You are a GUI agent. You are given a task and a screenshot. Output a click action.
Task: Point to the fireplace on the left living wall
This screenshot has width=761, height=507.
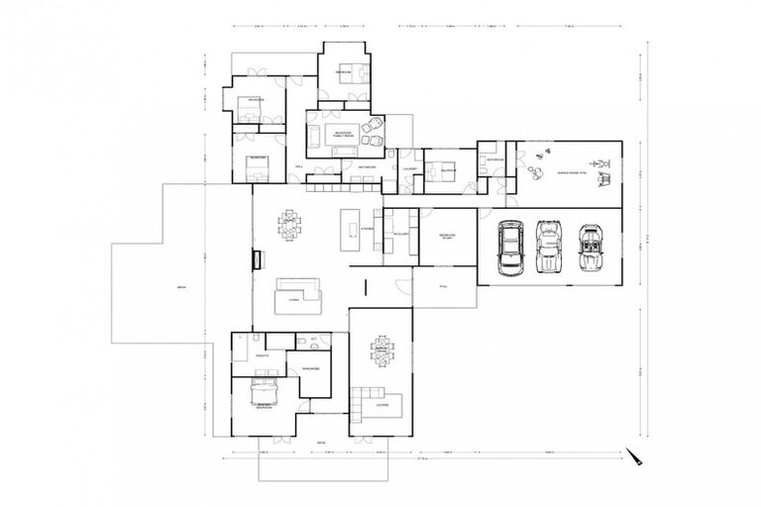257,260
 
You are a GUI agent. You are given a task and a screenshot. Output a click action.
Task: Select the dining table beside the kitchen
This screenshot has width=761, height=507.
290,225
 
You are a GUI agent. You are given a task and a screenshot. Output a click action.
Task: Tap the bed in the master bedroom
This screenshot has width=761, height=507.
263,392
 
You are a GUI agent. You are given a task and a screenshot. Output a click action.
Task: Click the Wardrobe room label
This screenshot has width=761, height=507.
311,369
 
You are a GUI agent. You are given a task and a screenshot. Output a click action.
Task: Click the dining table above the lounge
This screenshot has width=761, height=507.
381,353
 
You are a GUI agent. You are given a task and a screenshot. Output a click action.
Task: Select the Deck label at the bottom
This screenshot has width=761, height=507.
321,442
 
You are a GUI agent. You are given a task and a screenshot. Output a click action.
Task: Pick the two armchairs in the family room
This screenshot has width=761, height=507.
375,127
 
